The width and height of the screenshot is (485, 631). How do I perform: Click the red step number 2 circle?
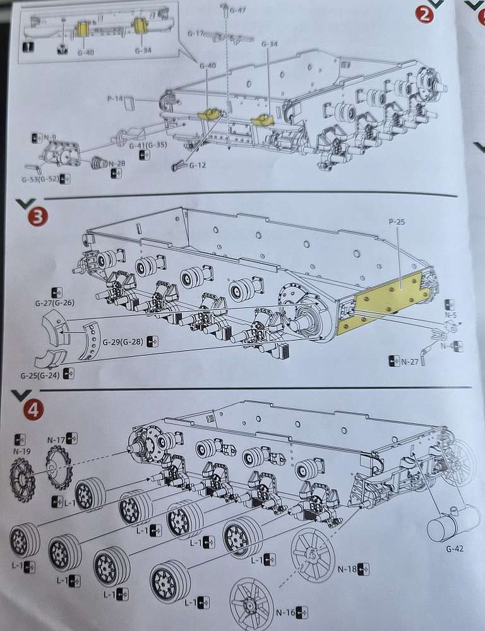(x=424, y=15)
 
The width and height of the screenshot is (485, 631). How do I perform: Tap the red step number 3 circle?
(x=37, y=217)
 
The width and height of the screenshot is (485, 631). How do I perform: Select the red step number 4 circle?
(x=33, y=411)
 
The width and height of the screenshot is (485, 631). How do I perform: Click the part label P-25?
(x=397, y=221)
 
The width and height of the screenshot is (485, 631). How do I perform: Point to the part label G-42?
(x=455, y=548)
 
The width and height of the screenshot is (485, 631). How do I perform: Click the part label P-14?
(x=115, y=98)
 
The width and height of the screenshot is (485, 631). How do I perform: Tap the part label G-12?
(x=198, y=165)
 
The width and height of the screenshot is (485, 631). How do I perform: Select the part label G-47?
(x=237, y=10)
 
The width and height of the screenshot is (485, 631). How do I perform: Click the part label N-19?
(x=21, y=452)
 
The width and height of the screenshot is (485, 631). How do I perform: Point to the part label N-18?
(x=347, y=569)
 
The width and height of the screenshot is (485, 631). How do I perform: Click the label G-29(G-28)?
(x=123, y=342)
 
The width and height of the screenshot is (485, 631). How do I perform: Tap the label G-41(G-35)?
(x=148, y=145)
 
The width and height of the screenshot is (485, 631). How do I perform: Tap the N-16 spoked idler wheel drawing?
(x=251, y=604)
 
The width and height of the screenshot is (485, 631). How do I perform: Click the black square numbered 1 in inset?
(x=28, y=47)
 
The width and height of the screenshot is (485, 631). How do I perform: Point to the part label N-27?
(x=410, y=362)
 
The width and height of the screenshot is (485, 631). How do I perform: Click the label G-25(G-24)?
(x=40, y=375)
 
